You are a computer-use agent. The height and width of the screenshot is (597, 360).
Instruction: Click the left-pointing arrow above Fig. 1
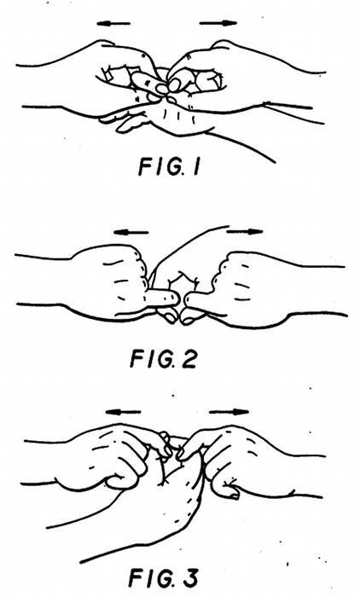coord(113,24)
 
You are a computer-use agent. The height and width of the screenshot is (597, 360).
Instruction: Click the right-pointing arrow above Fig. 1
coord(218,23)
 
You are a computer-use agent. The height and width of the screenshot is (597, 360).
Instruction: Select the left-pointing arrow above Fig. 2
coord(131,232)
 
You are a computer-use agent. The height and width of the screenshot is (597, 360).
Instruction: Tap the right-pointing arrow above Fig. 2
coord(244,231)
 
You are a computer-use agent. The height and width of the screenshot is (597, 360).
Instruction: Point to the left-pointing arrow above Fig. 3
coord(123,412)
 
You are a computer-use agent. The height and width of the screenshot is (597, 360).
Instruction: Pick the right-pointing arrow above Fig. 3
coord(229,412)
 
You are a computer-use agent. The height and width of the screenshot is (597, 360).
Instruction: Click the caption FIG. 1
coord(169,167)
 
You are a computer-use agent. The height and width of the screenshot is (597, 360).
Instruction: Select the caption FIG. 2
coord(164,359)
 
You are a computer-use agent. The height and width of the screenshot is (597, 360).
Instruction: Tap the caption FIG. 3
coord(164,578)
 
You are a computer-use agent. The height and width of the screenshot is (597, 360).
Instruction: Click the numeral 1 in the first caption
coord(196,167)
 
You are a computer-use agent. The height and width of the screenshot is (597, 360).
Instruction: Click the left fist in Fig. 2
coord(114,281)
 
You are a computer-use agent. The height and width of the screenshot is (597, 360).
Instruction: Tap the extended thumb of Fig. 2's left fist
coord(163,298)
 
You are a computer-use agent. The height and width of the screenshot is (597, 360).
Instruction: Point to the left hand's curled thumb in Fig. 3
coord(122,482)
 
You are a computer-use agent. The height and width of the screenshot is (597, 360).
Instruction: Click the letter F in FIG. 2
coord(136,359)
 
